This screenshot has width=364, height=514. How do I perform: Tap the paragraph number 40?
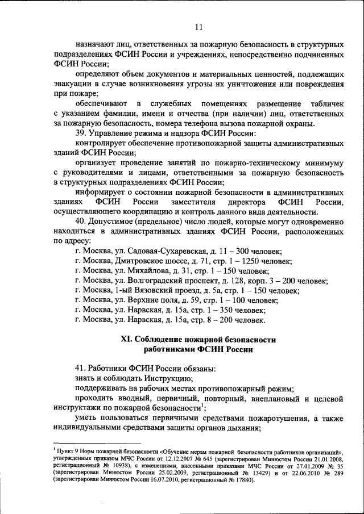[81, 221]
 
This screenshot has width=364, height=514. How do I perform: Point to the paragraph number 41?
[81, 367]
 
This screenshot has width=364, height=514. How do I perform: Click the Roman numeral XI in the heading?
[126, 340]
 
